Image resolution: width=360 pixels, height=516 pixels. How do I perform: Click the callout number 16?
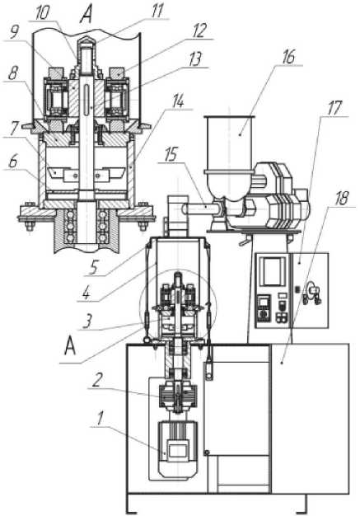click(x=288, y=57)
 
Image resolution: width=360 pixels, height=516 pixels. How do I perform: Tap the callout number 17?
click(x=334, y=108)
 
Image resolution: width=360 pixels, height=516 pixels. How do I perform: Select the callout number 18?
click(x=342, y=199)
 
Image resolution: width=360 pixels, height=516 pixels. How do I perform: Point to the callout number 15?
click(x=171, y=154)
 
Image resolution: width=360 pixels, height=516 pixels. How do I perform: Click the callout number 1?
click(x=101, y=418)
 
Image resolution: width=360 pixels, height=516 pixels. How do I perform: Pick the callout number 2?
click(x=97, y=381)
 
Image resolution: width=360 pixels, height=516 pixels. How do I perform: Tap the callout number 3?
click(x=87, y=321)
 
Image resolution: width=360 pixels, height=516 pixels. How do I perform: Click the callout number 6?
click(x=13, y=162)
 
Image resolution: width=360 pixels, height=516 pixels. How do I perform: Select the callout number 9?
click(x=14, y=33)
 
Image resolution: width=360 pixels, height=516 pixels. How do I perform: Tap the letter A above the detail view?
click(x=86, y=15)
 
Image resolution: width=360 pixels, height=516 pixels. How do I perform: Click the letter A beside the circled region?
click(x=70, y=346)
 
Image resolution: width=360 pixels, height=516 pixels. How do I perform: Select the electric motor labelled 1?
click(x=178, y=449)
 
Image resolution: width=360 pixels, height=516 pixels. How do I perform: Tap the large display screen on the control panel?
click(x=273, y=271)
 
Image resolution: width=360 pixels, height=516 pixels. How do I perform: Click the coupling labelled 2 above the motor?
click(x=178, y=397)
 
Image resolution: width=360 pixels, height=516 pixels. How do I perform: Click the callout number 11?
click(x=157, y=12)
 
